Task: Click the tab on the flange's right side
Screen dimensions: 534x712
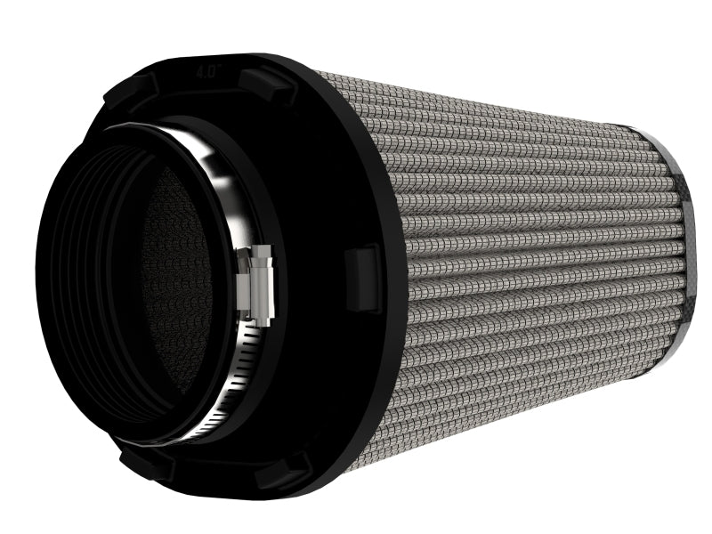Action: tap(362, 279)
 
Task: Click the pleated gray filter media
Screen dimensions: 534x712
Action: tap(534, 267)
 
